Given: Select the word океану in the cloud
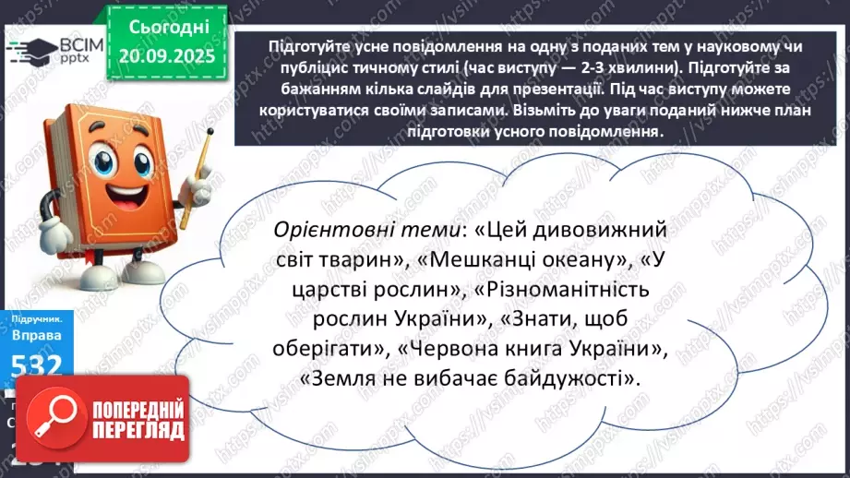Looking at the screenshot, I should click(584, 262).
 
